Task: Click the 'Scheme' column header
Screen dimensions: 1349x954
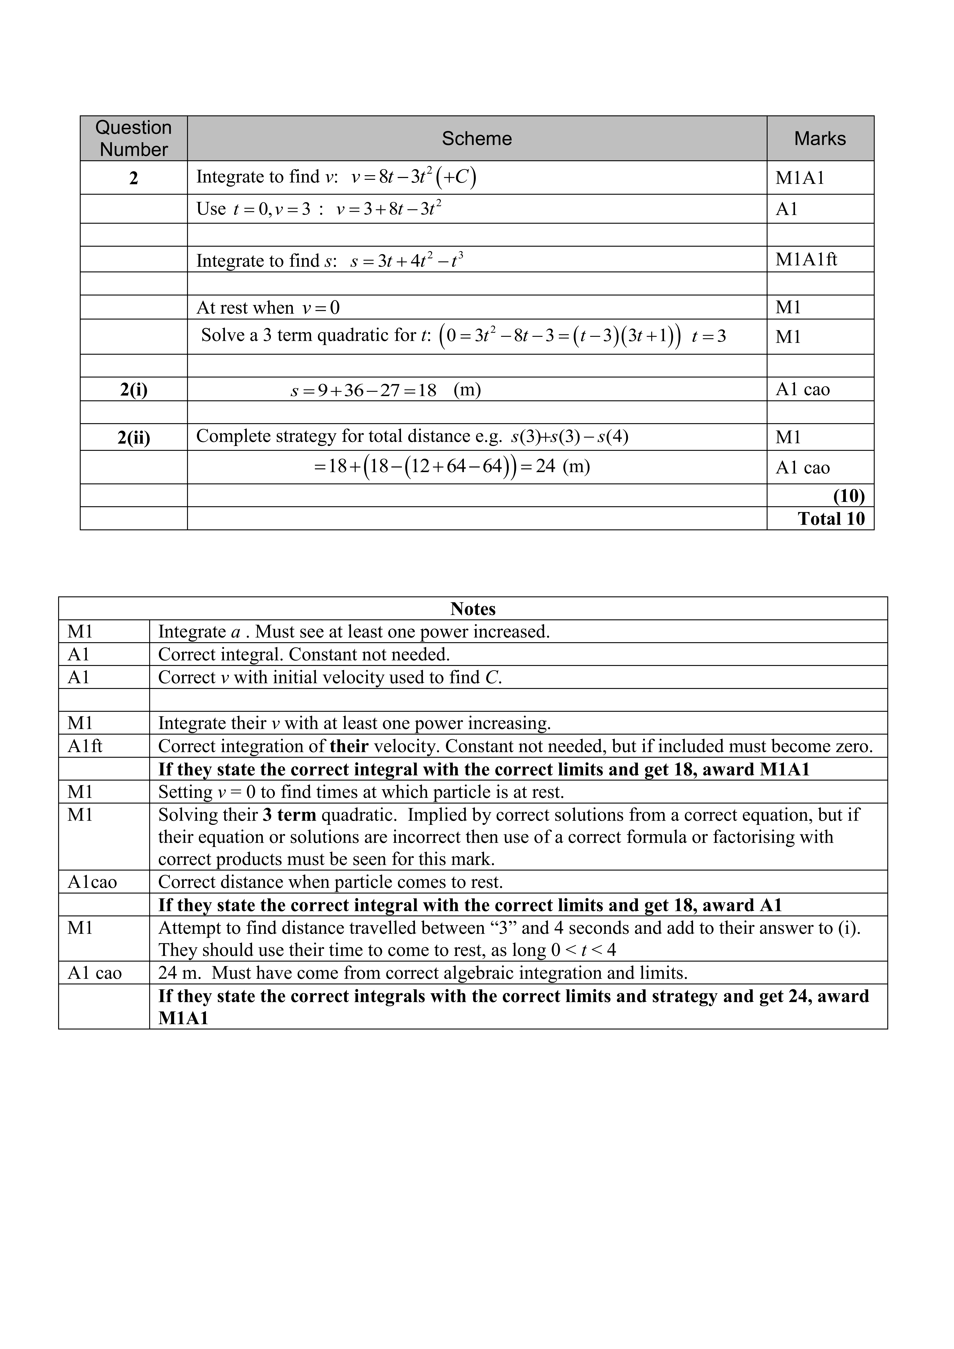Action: pyautogui.click(x=476, y=139)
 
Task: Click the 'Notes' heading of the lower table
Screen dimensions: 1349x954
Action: pyautogui.click(x=473, y=609)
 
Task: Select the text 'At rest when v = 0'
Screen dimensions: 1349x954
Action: pyautogui.click(x=268, y=308)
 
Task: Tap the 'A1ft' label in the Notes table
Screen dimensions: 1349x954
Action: pyautogui.click(x=85, y=746)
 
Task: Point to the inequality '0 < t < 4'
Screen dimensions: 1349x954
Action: pyautogui.click(x=583, y=950)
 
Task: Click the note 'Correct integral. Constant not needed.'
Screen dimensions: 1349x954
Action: pyautogui.click(x=304, y=655)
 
